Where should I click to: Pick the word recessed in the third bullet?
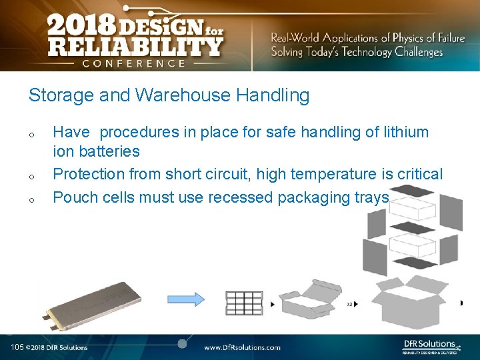[239, 197]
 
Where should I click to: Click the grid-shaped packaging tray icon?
[244, 303]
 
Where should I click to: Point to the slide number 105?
[17, 347]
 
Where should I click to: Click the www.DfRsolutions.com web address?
[242, 347]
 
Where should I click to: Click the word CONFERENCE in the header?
[134, 63]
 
